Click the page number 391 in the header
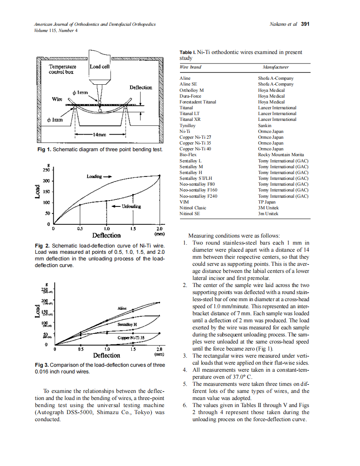[305, 24]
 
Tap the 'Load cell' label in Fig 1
[100, 66]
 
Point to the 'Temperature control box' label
[62, 69]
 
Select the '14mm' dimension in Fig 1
[100, 135]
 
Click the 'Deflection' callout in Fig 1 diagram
[141, 88]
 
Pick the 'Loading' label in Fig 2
[94, 177]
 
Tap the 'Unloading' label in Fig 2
[131, 206]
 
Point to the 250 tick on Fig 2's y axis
[46, 170]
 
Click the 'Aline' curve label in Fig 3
[122, 309]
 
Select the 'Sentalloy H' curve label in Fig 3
[127, 324]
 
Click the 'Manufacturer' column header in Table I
[276, 67]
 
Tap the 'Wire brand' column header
[190, 67]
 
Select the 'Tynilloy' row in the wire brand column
[187, 125]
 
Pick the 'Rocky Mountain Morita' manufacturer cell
[281, 155]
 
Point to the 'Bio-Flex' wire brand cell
[188, 155]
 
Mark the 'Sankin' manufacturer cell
[265, 125]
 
